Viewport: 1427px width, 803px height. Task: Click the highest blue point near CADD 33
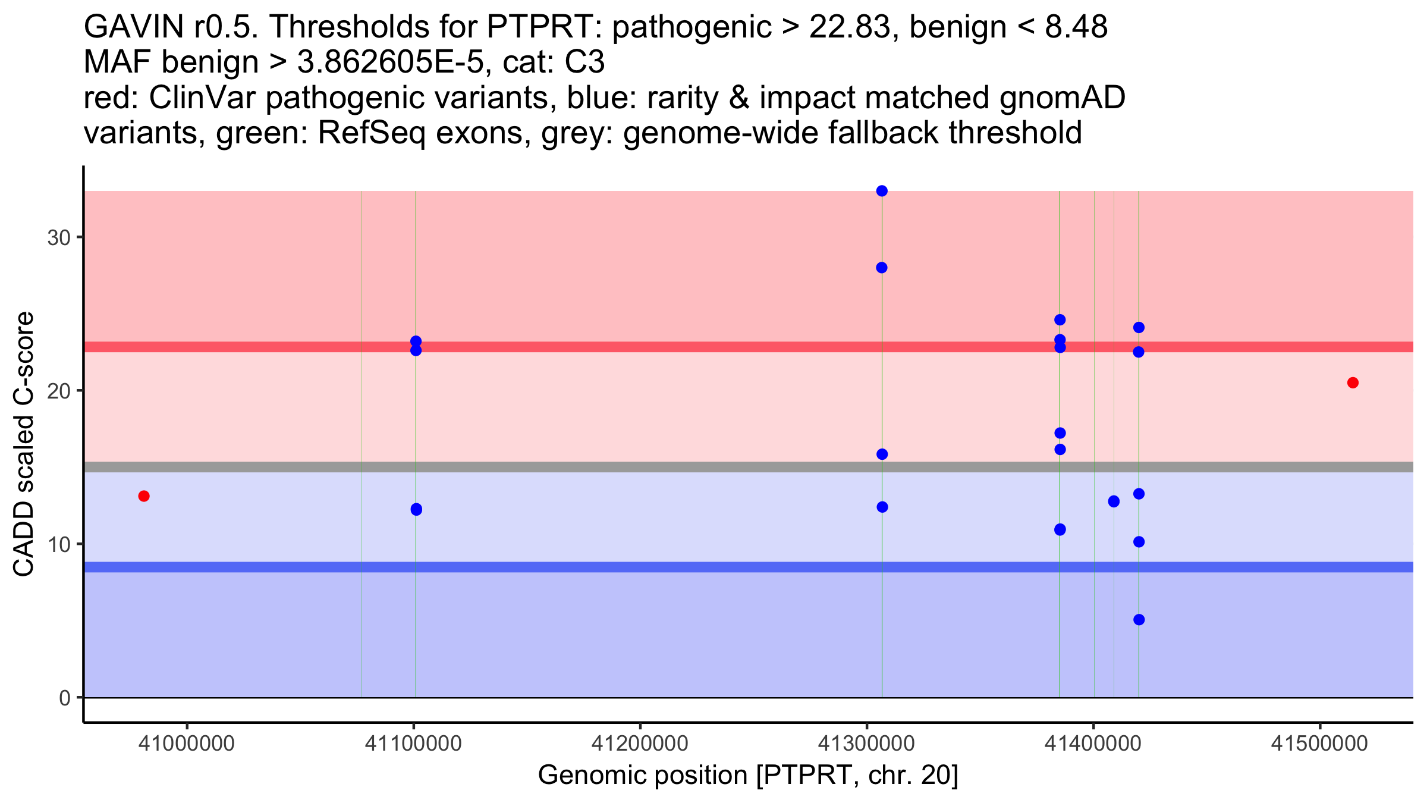click(x=882, y=191)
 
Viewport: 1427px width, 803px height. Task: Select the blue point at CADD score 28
click(x=882, y=268)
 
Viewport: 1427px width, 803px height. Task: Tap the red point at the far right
click(x=1353, y=382)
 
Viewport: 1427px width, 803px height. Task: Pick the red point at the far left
click(x=144, y=496)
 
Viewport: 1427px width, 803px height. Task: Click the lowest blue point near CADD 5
click(x=1139, y=620)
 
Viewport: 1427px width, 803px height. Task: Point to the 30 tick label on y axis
click(x=58, y=238)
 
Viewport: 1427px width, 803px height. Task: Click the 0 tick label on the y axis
click(x=64, y=698)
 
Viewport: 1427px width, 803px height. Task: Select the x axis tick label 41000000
click(x=187, y=744)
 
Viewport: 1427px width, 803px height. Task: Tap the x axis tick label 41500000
click(x=1319, y=744)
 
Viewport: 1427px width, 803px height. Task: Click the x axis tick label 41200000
click(x=640, y=744)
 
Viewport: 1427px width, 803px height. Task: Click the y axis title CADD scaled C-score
click(x=24, y=444)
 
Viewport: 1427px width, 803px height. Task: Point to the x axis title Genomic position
click(x=748, y=776)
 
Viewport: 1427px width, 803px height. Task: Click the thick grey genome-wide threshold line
click(x=595, y=467)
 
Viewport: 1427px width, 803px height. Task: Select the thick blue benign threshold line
click(x=595, y=567)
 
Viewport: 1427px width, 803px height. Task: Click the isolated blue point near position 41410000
click(x=1114, y=501)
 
